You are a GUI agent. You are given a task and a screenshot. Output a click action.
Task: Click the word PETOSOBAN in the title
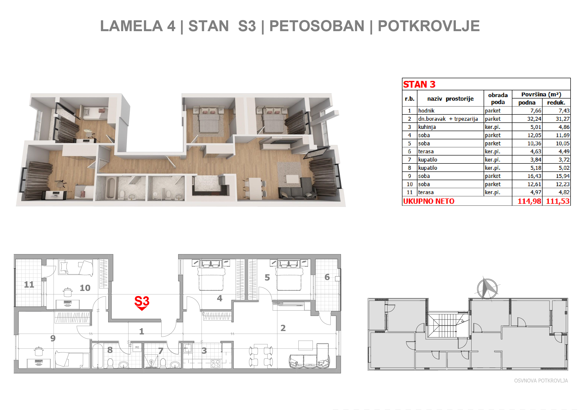pos(317,26)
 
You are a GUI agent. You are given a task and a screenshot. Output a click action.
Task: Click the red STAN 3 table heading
pos(419,84)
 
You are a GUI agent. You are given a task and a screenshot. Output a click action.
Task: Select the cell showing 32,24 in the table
pos(534,119)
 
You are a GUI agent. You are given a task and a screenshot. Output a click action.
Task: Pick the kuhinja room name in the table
pos(427,127)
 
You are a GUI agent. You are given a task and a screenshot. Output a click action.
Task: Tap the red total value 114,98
pos(529,201)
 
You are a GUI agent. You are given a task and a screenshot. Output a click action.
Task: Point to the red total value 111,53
pos(558,201)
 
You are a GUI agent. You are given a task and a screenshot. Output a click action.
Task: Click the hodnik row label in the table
pos(426,111)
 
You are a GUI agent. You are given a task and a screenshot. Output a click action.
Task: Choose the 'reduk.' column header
pos(556,102)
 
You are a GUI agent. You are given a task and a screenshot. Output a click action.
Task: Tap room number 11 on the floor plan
pos(29,284)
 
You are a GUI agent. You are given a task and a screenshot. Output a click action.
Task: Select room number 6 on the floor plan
pos(327,277)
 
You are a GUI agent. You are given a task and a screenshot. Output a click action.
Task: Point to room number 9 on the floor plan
pos(53,338)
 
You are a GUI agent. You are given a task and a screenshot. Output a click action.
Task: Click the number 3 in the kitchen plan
pos(204,350)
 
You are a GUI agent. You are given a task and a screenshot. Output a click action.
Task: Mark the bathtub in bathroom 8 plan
pos(98,356)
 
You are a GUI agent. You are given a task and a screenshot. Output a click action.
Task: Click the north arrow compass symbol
pos(487,289)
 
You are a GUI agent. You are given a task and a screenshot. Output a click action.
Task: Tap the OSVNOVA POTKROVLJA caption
pos(541,381)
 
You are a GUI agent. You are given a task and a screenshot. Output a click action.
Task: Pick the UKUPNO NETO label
pos(429,201)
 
